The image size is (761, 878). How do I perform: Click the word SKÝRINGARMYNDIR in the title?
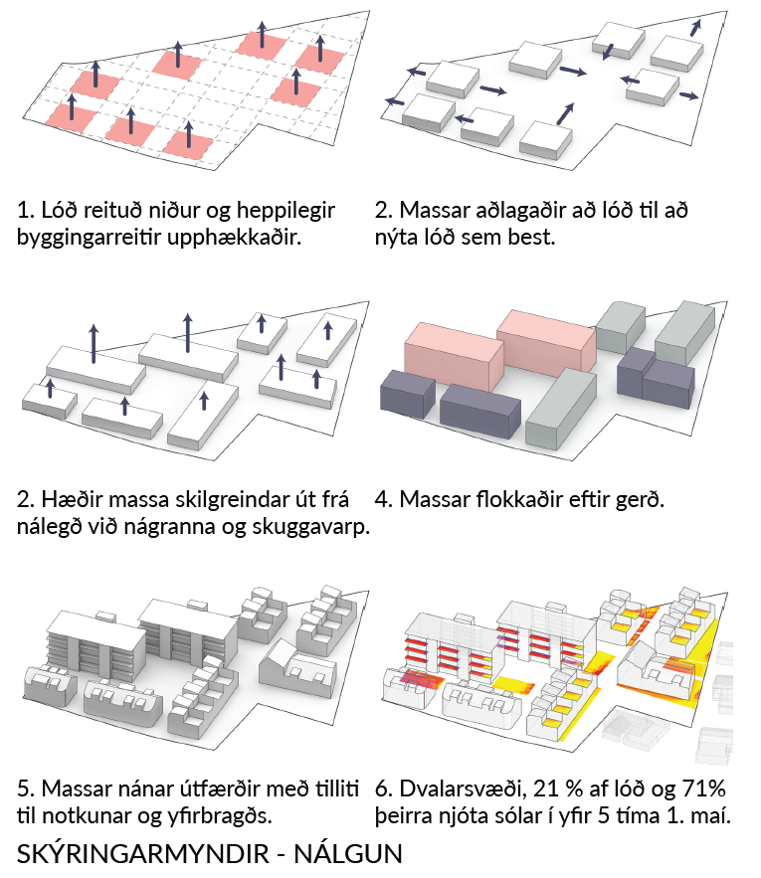pos(143,854)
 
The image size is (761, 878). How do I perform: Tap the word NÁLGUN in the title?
pos(348,854)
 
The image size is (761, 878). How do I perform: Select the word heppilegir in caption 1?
pos(285,211)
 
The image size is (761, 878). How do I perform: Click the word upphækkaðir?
pos(235,238)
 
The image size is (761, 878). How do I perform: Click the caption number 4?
pos(383,499)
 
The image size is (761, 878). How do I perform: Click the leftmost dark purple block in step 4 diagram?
pos(408,394)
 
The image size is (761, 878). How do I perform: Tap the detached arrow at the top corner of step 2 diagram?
pos(695,28)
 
